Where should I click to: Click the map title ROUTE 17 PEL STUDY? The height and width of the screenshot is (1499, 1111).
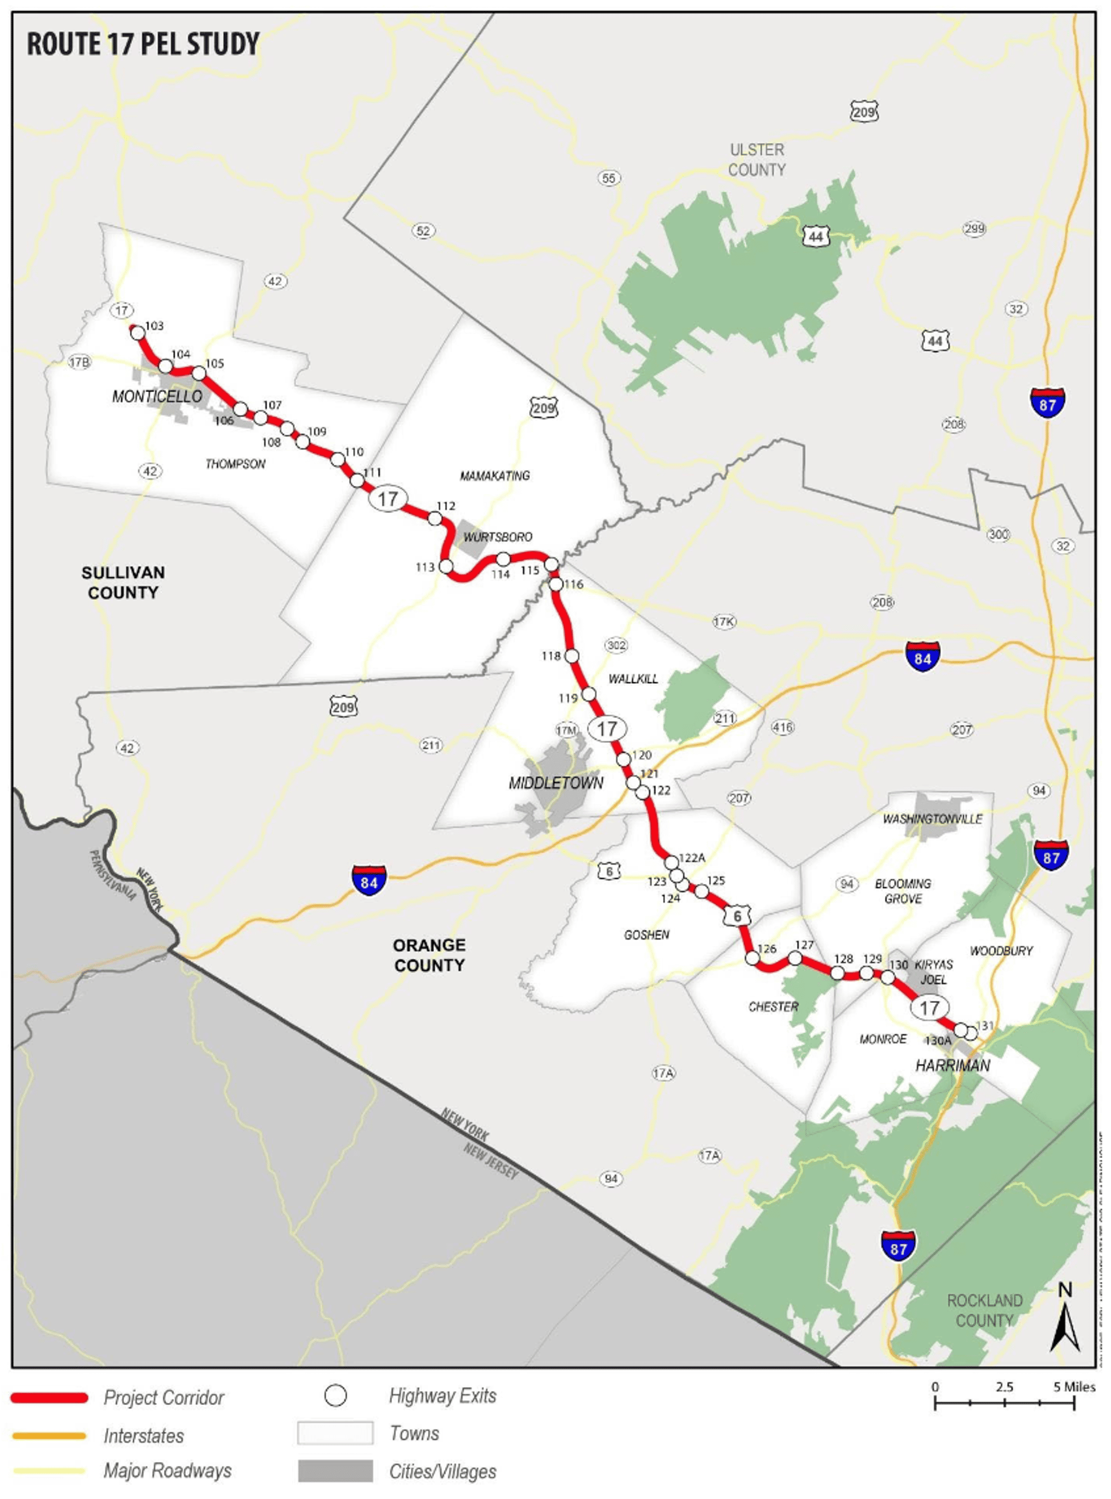tap(143, 44)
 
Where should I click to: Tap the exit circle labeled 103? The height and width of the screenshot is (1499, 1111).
tap(137, 332)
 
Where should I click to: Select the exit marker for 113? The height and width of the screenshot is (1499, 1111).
tap(445, 566)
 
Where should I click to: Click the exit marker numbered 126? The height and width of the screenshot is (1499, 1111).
tap(753, 957)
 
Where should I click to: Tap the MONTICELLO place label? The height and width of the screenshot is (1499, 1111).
tap(156, 396)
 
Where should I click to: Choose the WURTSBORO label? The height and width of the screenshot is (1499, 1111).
tap(498, 537)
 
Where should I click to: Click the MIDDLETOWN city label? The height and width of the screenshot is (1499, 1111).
tap(555, 783)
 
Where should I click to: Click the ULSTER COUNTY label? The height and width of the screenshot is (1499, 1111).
tap(756, 159)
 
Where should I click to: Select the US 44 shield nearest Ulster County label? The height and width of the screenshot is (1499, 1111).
tap(816, 236)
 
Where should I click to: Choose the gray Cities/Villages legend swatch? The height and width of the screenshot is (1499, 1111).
tap(335, 1471)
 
